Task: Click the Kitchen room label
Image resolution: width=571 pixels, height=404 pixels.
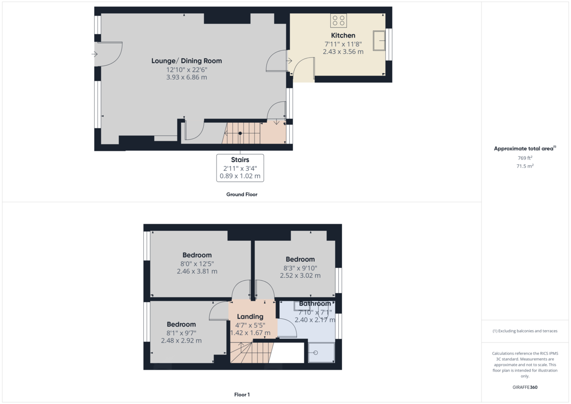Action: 343,35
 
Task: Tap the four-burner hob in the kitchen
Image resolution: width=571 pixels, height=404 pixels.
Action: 338,20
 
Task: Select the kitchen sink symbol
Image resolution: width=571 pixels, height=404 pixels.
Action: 379,40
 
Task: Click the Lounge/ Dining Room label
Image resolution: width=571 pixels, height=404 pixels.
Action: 187,61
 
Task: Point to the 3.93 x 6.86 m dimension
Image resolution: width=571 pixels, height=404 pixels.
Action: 187,77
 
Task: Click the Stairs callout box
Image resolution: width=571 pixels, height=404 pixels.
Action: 240,168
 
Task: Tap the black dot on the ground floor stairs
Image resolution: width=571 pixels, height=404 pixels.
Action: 240,133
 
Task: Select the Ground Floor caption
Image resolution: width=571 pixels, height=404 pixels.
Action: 242,195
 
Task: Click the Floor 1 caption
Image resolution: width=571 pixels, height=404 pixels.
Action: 242,394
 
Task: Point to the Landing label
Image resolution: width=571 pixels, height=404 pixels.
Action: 250,317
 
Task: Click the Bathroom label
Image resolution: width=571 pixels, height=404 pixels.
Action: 315,304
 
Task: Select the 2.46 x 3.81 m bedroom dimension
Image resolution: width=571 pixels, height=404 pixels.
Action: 197,271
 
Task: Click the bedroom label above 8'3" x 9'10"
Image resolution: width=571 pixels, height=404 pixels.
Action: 300,259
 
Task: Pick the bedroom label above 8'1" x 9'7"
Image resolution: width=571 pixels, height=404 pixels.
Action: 181,325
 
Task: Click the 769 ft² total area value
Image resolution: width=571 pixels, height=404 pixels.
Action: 525,158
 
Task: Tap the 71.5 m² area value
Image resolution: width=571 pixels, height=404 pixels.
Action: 525,166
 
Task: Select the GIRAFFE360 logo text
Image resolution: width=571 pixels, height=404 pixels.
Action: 525,387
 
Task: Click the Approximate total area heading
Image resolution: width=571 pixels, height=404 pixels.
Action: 525,148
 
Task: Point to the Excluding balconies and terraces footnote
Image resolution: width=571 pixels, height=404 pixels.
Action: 525,331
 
